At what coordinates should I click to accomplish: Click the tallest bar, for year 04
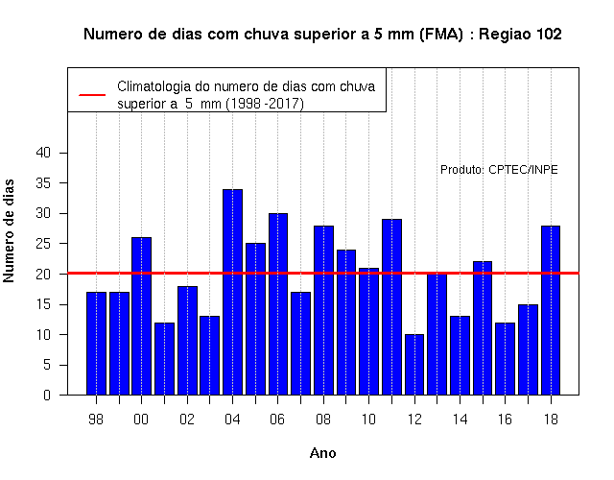[232, 292]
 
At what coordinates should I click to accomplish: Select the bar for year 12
[414, 365]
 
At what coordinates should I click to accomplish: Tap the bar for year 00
[141, 316]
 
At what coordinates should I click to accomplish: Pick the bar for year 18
[551, 310]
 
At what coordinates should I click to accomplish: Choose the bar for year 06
[278, 304]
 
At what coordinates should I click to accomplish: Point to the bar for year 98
[96, 344]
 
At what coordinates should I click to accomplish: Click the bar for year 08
[324, 310]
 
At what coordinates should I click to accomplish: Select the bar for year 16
[506, 358]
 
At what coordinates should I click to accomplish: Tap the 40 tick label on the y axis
[43, 153]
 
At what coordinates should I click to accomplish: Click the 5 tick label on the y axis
[47, 365]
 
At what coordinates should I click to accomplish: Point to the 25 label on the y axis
[43, 244]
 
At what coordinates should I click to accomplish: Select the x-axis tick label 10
[368, 420]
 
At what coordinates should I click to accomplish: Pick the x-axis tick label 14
[460, 420]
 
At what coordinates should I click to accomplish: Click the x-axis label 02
[187, 420]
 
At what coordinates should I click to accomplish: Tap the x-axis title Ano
[323, 453]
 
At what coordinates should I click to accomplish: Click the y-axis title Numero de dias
[9, 230]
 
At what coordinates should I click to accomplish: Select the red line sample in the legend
[92, 95]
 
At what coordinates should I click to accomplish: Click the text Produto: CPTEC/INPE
[499, 170]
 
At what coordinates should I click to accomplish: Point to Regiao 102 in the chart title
[520, 35]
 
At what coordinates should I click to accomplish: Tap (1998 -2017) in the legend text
[265, 104]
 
